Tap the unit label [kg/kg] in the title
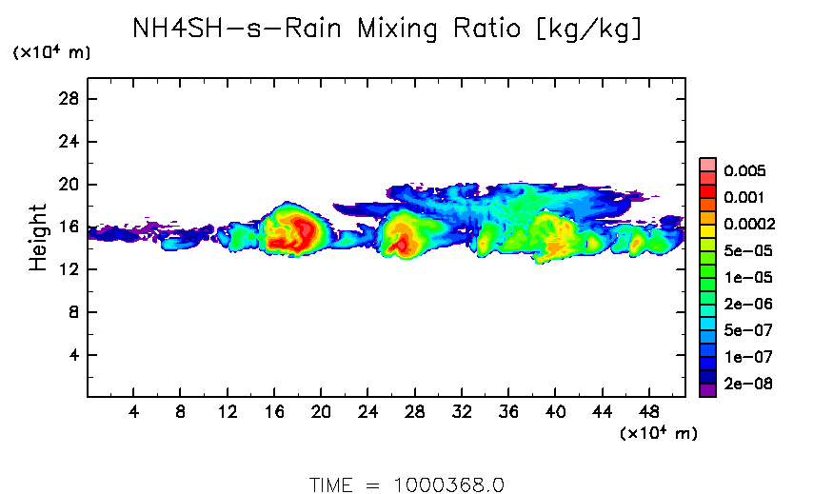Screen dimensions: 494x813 (x=589, y=30)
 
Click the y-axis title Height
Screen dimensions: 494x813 (x=38, y=236)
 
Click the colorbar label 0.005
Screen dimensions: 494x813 (x=744, y=171)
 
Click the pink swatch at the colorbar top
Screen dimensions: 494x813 (x=707, y=164)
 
